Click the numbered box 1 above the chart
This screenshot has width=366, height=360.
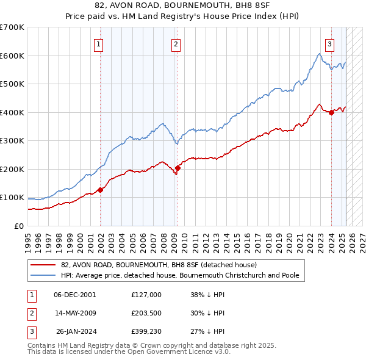98,43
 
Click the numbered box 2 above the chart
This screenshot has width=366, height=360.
175,43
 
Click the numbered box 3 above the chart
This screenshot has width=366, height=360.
329,43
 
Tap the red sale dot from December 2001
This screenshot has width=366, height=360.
101,190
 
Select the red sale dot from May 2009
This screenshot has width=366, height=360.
178,168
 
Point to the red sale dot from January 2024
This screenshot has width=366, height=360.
331,112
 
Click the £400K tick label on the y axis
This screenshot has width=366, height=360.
12,112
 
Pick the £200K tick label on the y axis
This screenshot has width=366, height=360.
12,169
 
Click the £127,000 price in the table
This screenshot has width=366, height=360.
146,294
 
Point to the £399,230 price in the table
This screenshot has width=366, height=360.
146,332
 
